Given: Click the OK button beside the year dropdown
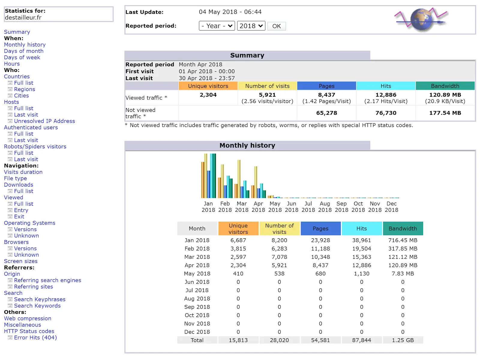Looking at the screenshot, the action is (x=276, y=26).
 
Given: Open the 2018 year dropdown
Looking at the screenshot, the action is (x=251, y=26).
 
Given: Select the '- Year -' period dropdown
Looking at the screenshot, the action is (x=217, y=26).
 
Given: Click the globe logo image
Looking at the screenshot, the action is (x=421, y=20).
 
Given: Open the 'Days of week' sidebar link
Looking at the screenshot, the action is (x=22, y=57).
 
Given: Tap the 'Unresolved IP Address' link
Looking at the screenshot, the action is (x=44, y=121).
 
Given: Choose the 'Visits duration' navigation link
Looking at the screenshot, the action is (x=23, y=172).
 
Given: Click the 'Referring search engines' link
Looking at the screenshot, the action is (x=47, y=280).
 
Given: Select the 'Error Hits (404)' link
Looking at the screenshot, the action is (x=35, y=337).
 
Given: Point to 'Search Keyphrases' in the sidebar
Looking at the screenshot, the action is (x=40, y=299).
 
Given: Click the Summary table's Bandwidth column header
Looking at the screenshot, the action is (x=445, y=86).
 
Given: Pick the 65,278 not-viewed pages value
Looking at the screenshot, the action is (x=326, y=113).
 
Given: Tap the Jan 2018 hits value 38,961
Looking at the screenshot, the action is (x=361, y=240).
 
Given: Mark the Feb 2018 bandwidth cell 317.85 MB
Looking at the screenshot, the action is (x=403, y=248).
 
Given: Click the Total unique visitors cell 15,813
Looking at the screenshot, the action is (x=238, y=340).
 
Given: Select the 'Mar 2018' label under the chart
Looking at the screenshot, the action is (x=241, y=207).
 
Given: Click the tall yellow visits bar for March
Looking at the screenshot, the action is (x=239, y=179).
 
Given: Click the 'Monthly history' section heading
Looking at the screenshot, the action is (x=247, y=145).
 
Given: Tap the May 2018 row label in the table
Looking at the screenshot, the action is (x=197, y=273).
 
